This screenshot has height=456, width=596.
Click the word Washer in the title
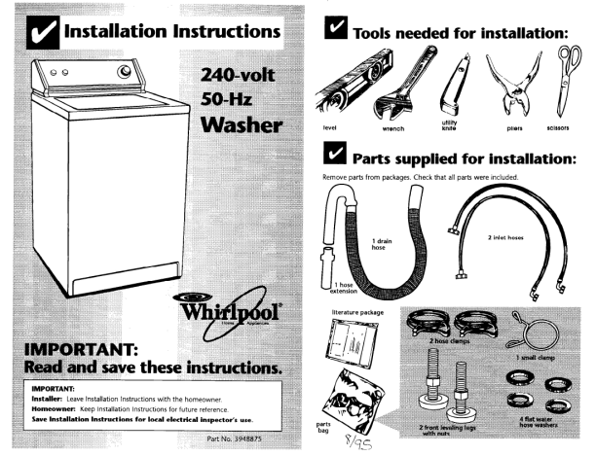click(241, 125)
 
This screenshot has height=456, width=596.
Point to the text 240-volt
click(242, 76)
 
